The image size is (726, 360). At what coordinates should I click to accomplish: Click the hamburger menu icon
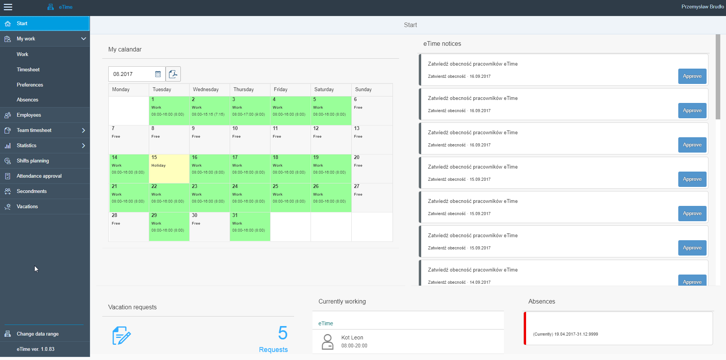click(8, 7)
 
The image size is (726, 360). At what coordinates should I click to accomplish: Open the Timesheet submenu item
click(28, 69)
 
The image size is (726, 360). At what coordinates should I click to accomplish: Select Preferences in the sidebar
click(30, 85)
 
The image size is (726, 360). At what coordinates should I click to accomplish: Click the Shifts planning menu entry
click(33, 161)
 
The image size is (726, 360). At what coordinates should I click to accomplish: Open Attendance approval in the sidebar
click(39, 176)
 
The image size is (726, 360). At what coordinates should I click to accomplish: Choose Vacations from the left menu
click(27, 206)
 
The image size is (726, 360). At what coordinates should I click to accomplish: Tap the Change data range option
click(37, 334)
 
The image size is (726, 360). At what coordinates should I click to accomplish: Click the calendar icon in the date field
click(158, 74)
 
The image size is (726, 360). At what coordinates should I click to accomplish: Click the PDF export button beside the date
click(173, 74)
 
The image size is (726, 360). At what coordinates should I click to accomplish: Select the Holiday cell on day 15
click(169, 169)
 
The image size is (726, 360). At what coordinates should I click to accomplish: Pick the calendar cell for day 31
click(250, 227)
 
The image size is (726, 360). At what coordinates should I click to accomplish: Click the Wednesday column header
click(209, 90)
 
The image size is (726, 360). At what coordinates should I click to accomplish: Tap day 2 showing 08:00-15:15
click(209, 111)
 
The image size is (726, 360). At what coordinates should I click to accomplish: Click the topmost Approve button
click(692, 76)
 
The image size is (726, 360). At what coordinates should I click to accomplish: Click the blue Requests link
click(273, 350)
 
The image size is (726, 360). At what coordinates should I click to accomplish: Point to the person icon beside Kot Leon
click(327, 342)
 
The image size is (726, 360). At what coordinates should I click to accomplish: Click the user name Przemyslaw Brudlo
click(702, 6)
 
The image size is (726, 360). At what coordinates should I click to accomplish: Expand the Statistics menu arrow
click(84, 145)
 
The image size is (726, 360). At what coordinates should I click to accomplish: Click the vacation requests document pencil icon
click(121, 336)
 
